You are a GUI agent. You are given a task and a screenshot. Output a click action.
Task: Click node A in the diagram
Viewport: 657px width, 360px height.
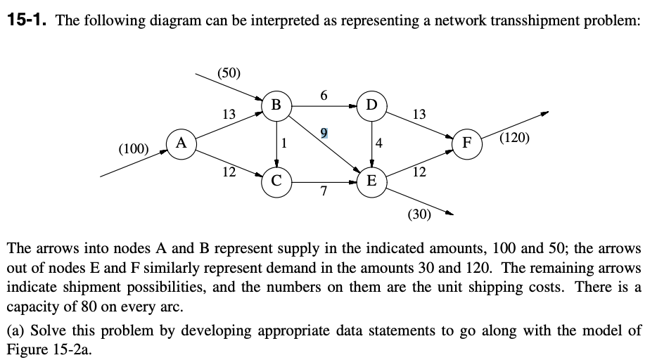point(181,143)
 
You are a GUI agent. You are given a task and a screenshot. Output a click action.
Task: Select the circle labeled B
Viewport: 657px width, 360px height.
point(276,105)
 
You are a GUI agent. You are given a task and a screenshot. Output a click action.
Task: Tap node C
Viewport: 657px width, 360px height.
point(276,181)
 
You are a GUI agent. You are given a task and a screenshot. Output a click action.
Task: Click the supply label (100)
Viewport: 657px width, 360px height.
point(133,148)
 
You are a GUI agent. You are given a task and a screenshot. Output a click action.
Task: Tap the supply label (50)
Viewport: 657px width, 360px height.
point(229,72)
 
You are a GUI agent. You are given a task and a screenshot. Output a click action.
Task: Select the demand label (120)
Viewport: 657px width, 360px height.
point(515,137)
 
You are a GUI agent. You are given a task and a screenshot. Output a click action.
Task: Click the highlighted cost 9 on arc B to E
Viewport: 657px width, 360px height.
point(324,132)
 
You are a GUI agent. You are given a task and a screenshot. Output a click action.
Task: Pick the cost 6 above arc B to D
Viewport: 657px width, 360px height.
point(324,94)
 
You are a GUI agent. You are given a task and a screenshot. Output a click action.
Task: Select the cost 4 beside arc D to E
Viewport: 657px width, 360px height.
point(379,144)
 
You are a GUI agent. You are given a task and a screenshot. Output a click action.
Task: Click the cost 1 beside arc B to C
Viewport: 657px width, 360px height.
point(283,144)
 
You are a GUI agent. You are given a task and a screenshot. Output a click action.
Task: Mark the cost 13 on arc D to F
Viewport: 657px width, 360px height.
point(419,114)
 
